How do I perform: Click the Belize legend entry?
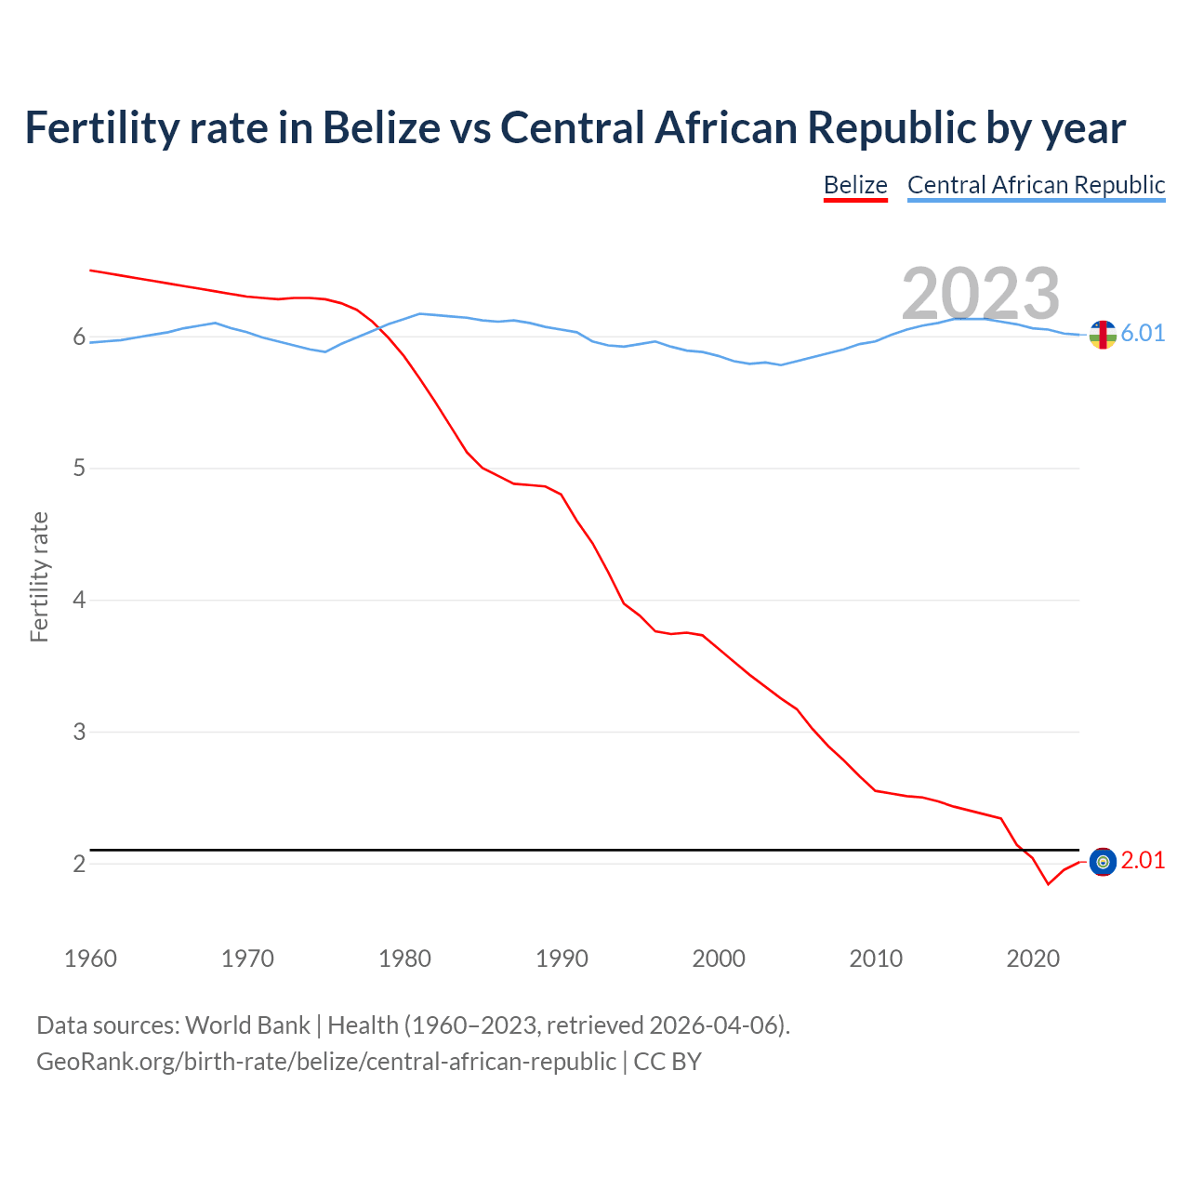click(x=855, y=185)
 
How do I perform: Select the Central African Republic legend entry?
click(x=1036, y=185)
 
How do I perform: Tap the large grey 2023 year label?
click(x=980, y=294)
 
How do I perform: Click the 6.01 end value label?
click(x=1143, y=333)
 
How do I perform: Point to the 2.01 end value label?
click(x=1143, y=861)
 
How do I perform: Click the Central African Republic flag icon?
click(x=1103, y=335)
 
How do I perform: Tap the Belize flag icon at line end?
click(x=1103, y=863)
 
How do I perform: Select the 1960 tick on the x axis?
click(x=90, y=959)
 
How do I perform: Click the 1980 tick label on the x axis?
click(x=404, y=959)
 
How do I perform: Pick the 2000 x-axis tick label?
click(x=719, y=959)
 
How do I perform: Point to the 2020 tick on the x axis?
click(x=1033, y=959)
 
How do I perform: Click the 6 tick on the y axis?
click(x=79, y=337)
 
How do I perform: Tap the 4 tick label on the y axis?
click(x=79, y=600)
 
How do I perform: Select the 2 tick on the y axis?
click(x=79, y=864)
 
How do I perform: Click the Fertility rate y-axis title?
click(x=39, y=576)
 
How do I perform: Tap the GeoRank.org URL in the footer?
click(x=325, y=1062)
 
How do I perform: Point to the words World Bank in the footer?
click(x=247, y=1025)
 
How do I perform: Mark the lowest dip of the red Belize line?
click(x=1048, y=884)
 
